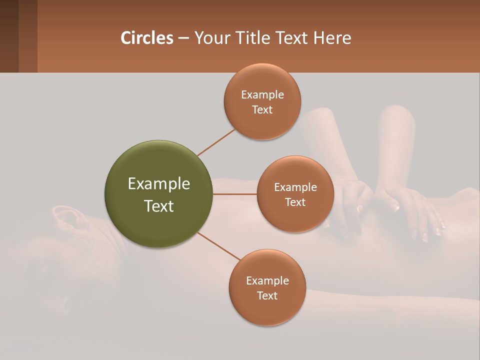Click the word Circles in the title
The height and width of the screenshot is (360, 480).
tap(146, 38)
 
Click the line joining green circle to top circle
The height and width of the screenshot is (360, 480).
tap(216, 142)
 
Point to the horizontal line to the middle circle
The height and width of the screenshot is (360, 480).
tap(234, 194)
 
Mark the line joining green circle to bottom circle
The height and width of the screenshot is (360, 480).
tap(218, 246)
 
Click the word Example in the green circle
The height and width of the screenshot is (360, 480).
tap(158, 184)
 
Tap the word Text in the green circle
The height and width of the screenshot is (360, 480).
tap(158, 206)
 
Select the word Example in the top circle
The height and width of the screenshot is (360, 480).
tap(262, 95)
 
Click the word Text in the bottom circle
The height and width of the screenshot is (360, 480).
tap(267, 295)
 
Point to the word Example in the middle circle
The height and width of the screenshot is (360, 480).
tap(295, 187)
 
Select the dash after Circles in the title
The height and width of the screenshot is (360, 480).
tap(183, 38)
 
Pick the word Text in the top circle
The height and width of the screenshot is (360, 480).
tap(262, 109)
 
